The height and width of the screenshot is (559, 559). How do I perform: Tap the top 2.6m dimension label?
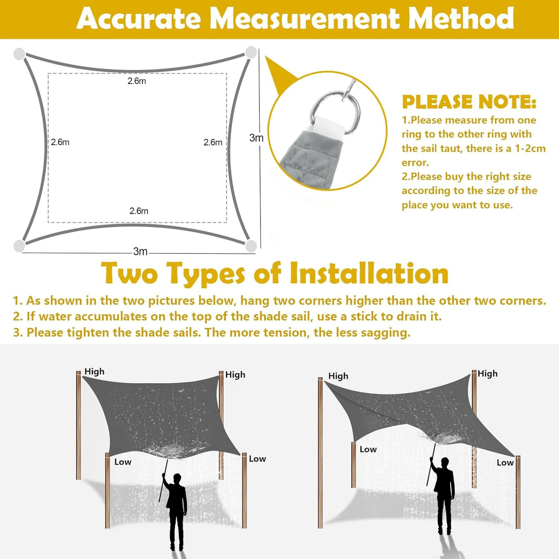point(137,81)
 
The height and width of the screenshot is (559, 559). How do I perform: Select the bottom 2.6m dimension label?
point(139,211)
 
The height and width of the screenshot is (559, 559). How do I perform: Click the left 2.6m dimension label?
point(60,142)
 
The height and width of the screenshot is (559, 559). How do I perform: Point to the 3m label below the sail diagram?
point(140,251)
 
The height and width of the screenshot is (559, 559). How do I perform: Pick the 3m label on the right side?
point(256,138)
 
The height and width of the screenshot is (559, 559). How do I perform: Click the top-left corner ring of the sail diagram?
point(19,54)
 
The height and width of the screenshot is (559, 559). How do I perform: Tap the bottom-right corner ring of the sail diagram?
point(251,246)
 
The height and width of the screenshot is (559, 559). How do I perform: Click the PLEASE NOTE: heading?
point(469,102)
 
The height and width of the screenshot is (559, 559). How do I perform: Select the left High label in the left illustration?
point(94,372)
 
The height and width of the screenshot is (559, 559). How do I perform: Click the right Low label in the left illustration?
point(257,459)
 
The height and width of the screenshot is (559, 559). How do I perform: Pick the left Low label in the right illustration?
point(368,449)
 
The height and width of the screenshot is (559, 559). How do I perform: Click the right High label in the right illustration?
point(487,373)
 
